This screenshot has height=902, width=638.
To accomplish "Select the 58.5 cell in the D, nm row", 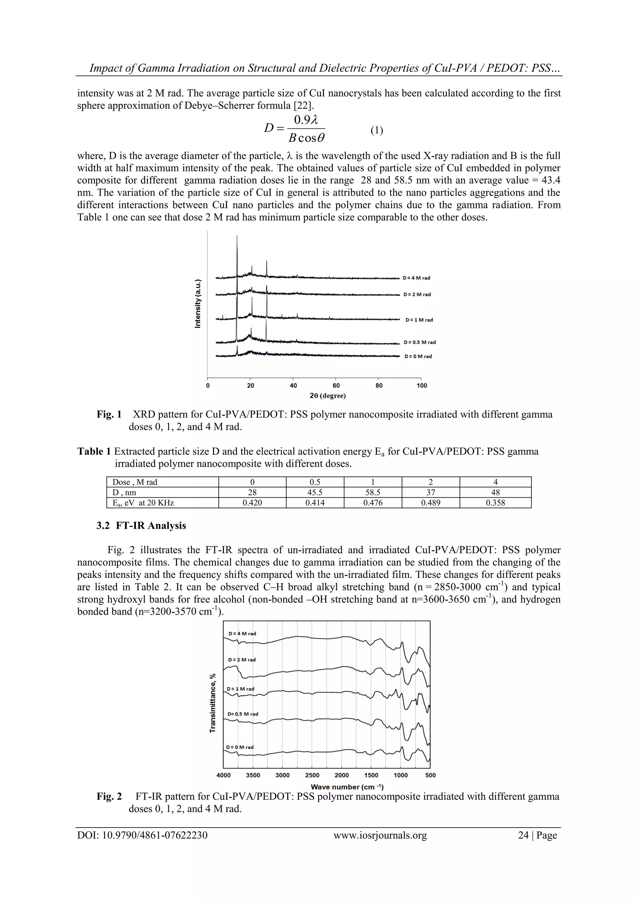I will (373, 492).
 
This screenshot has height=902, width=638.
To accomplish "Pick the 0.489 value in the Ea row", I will (431, 502).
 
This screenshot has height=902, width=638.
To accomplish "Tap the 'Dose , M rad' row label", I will (135, 482).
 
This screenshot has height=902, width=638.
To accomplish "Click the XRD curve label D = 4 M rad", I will (417, 278).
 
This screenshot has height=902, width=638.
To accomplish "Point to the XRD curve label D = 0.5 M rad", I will (420, 342).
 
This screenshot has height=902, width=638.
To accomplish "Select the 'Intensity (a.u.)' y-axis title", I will (198, 303).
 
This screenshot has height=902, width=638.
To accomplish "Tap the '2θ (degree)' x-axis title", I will (328, 396).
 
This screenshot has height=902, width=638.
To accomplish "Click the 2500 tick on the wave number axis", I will (312, 775).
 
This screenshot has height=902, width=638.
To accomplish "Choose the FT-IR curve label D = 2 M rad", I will (242, 660).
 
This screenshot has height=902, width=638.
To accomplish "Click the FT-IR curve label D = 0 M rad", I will (240, 747).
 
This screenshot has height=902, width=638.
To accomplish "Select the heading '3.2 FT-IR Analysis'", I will (141, 526).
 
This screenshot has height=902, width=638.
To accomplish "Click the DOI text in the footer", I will (142, 835).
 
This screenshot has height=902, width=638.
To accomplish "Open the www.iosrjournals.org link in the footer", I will (380, 835).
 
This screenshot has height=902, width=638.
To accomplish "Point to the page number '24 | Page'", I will (537, 835).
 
